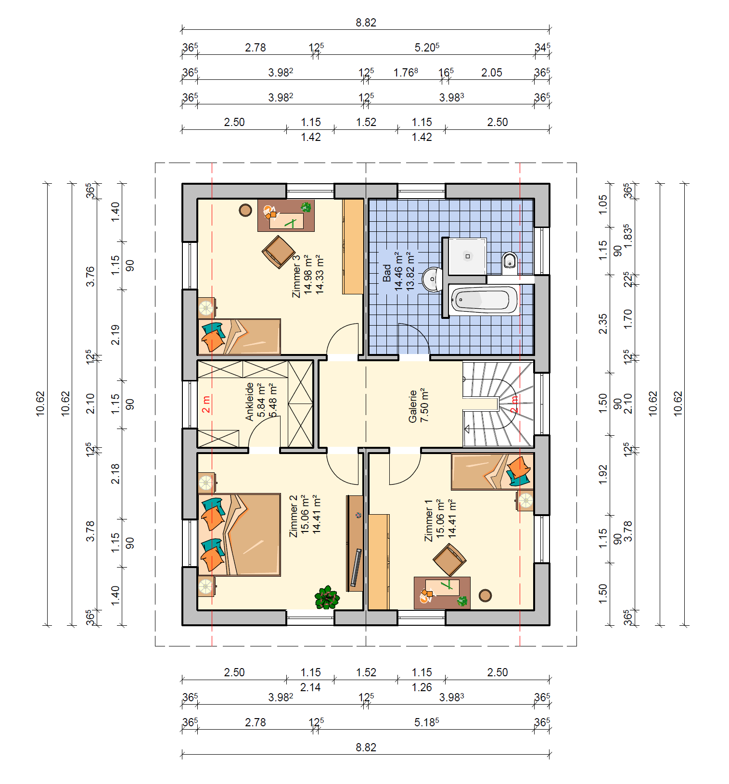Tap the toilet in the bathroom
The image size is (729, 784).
pos(510,262)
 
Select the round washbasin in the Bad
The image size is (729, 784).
pos(433,279)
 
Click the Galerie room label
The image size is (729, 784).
pos(412,406)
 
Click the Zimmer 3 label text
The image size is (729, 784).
pos(296,276)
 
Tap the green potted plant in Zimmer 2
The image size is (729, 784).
pos(327,597)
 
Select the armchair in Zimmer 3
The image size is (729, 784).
pos(279,252)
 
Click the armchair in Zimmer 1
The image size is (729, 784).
pos(449,560)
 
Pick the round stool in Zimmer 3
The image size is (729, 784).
pos(245,210)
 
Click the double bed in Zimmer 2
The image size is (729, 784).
pos(239,534)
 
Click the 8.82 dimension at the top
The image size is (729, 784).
pos(366,23)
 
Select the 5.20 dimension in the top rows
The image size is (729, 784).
pos(427,47)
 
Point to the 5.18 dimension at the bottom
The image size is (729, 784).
pos(426,722)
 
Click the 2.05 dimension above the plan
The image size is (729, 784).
pos(491,73)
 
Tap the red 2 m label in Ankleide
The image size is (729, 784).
pos(206,405)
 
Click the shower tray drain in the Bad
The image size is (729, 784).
pos(467,256)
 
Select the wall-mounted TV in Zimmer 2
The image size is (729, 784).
pos(356,567)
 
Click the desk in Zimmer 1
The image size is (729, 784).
pos(442,593)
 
